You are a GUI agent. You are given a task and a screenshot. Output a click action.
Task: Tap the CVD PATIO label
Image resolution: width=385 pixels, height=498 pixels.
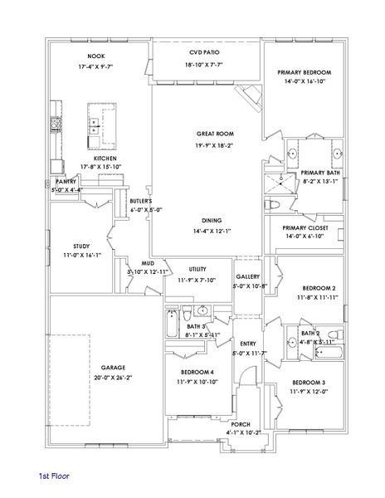(203, 51)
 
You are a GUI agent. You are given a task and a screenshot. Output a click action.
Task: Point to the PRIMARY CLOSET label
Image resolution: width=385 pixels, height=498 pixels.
(305, 227)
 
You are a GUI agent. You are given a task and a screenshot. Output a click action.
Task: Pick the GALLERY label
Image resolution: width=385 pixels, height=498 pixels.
(248, 276)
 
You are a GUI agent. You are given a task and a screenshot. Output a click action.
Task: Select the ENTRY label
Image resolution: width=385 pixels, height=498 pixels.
(248, 343)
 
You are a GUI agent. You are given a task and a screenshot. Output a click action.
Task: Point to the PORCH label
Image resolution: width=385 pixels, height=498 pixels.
(241, 423)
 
